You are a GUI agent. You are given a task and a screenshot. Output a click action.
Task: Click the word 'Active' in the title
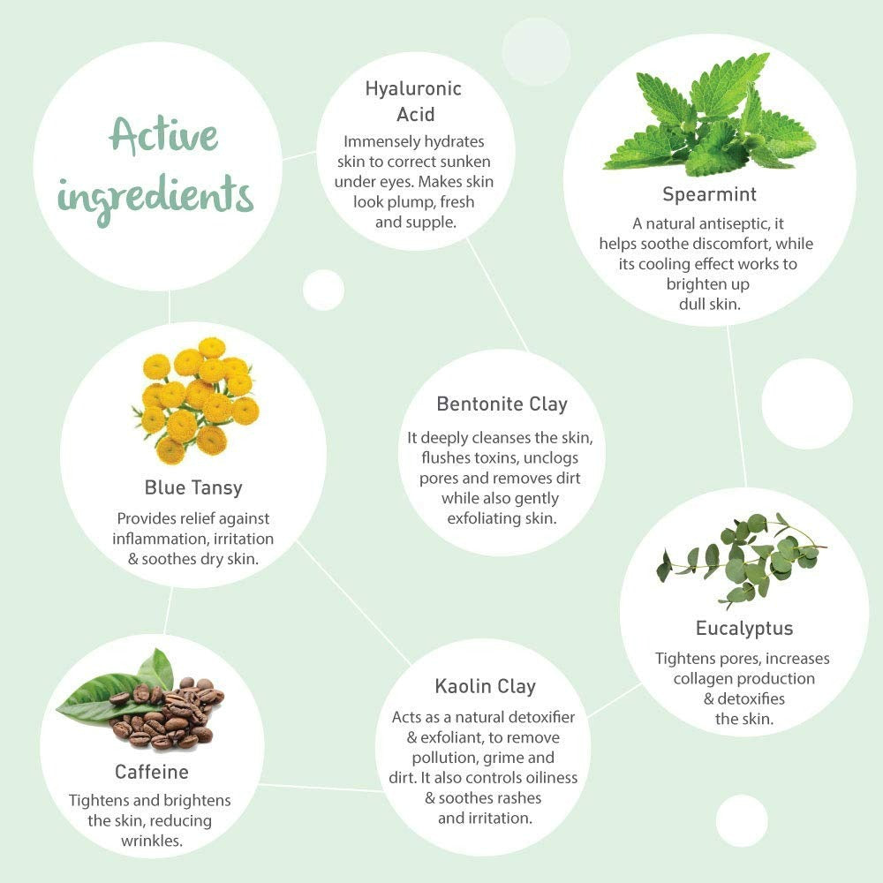coord(163,136)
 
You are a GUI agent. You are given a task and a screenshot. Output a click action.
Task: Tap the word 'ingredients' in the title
coord(155,198)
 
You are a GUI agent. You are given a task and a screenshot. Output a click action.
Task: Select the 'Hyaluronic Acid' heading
coord(414,102)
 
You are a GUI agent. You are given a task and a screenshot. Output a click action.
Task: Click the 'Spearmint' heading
coord(709,194)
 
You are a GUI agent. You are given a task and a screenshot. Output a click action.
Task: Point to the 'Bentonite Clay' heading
coord(502,404)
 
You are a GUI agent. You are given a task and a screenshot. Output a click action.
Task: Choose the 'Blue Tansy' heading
coord(193,488)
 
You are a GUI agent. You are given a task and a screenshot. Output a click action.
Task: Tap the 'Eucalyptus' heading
coord(743,629)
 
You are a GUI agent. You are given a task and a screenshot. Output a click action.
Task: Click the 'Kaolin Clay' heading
coord(485,686)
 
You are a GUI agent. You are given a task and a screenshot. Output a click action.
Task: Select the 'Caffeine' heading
coord(152,772)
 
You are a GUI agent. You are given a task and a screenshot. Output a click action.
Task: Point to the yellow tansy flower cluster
coord(196,400)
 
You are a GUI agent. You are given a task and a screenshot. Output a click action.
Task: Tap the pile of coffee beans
coord(169,714)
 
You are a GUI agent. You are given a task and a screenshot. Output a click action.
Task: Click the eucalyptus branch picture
coord(742,561)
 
